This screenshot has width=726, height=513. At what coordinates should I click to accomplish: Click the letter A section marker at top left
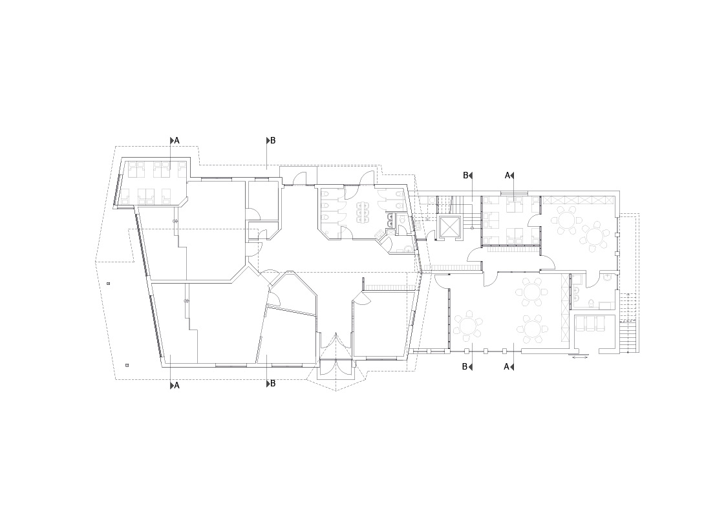(x=177, y=140)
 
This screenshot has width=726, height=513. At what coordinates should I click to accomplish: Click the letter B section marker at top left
(x=273, y=140)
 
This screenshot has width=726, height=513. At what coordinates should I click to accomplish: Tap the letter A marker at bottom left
(x=177, y=385)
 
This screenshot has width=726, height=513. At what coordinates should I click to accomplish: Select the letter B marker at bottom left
(x=273, y=384)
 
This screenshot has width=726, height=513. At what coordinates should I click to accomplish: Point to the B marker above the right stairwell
(x=465, y=175)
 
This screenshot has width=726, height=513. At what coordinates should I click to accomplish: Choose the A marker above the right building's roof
(x=507, y=175)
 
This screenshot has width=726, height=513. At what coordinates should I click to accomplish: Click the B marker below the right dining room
(x=465, y=367)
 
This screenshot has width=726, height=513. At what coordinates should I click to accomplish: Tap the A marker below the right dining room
(x=506, y=366)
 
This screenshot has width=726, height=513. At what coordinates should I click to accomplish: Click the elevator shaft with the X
(x=450, y=227)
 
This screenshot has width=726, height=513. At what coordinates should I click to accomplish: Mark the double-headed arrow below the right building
(x=581, y=357)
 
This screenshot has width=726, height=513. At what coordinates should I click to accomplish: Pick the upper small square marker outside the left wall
(x=109, y=283)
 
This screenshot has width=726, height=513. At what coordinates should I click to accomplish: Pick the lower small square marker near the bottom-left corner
(x=127, y=366)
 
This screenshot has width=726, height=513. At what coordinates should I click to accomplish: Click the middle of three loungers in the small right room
(x=590, y=323)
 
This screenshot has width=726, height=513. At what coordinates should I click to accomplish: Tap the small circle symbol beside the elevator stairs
(x=473, y=227)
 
